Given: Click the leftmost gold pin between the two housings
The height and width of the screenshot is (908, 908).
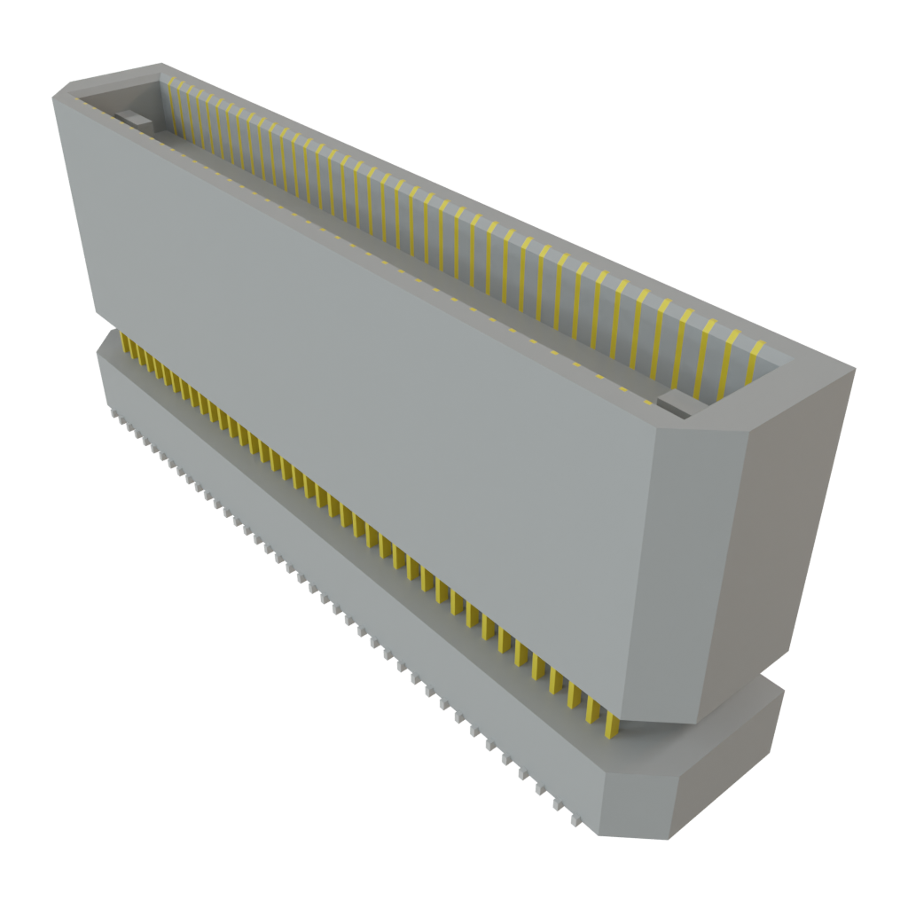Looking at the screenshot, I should click(122, 343).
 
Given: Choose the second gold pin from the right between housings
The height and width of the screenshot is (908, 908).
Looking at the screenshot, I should click(595, 709).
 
